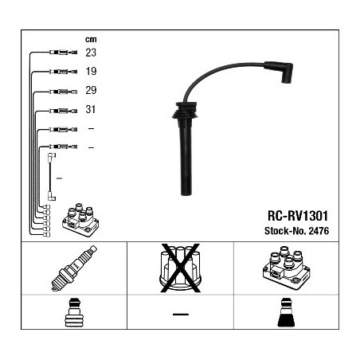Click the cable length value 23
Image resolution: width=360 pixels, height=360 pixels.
[91, 53]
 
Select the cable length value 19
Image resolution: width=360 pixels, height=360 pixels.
[91, 71]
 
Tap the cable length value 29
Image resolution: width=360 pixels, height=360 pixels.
[91, 90]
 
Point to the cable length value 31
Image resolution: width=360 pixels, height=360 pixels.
[91, 109]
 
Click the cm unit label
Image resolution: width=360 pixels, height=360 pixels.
[91, 39]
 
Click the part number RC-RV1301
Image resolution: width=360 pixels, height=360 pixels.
[298, 216]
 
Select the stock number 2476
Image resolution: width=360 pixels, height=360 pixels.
[319, 231]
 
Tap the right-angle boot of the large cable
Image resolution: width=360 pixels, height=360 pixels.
[280, 71]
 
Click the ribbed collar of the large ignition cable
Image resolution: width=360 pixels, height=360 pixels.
[185, 111]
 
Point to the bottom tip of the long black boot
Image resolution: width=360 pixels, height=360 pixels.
[186, 195]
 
